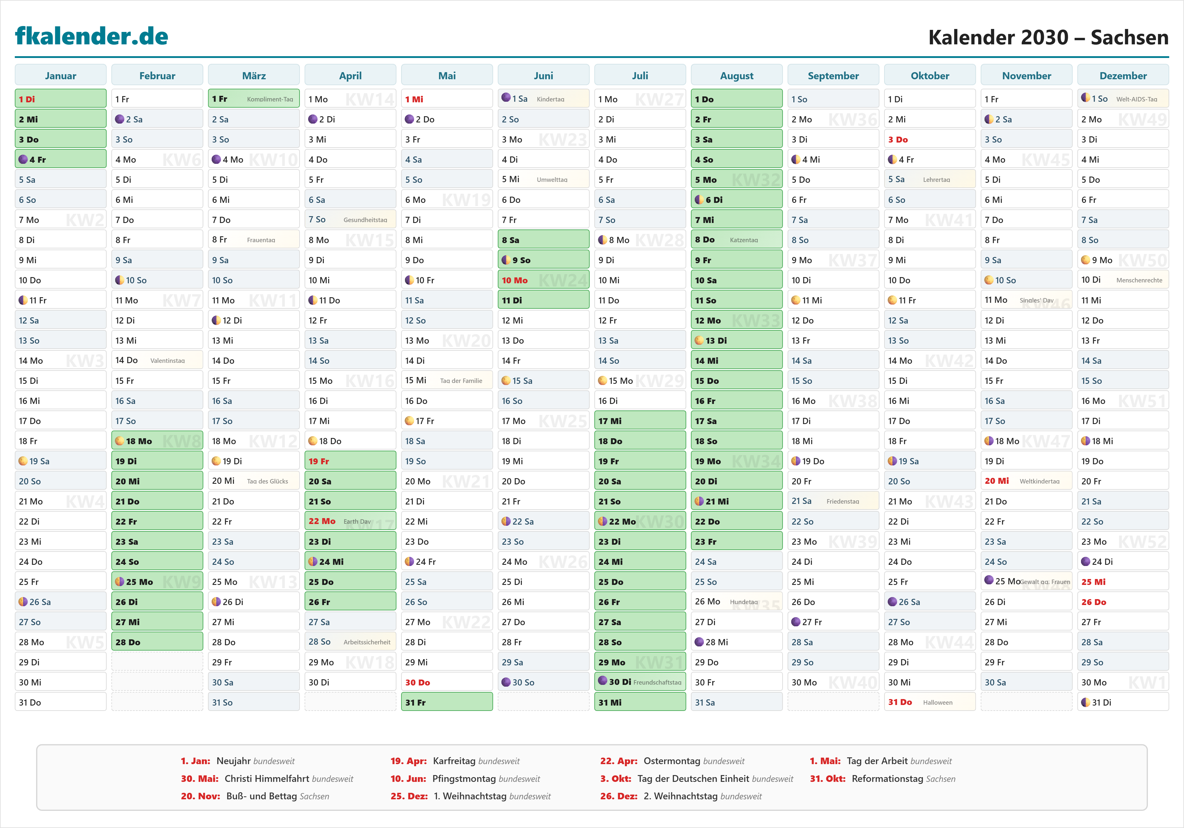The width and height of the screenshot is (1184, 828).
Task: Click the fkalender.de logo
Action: pos(92,36)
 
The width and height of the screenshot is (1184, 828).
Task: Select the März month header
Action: pos(254,76)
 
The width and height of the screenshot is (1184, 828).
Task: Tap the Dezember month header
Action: pos(1123,76)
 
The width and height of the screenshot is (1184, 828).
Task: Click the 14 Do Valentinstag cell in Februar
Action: pos(157,360)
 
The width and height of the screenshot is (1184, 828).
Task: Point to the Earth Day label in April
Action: pos(357,521)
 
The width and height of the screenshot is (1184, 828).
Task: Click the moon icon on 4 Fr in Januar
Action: pos(23,159)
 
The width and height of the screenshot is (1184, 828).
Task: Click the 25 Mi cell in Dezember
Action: pos(1123,582)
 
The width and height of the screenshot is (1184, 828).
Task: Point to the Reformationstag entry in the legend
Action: pos(882,779)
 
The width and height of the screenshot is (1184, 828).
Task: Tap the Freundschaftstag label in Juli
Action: pos(657,682)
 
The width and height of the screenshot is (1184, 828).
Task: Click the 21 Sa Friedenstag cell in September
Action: pos(833,501)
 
